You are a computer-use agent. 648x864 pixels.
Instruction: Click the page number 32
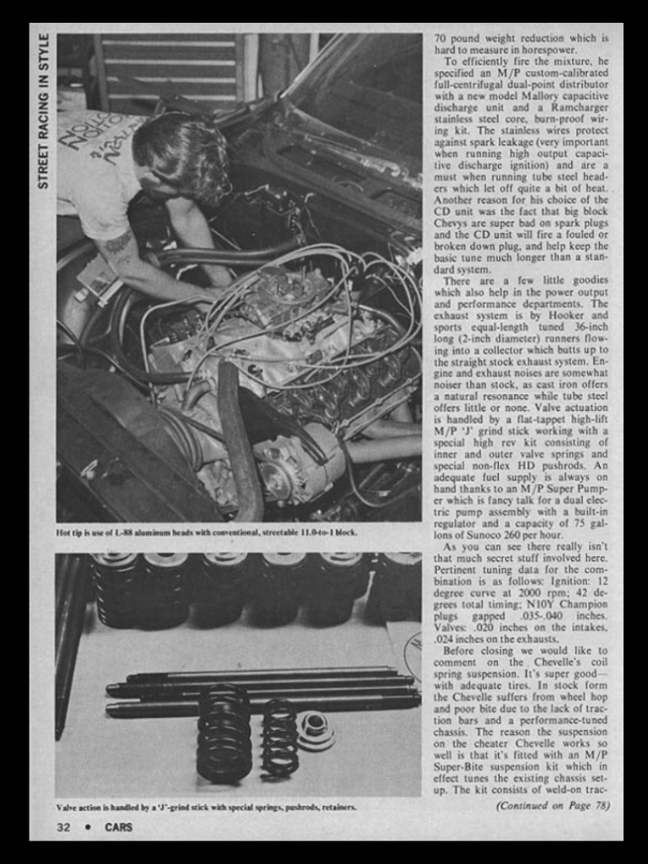[x=63, y=827]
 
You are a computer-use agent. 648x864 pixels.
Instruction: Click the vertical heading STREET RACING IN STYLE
[x=44, y=111]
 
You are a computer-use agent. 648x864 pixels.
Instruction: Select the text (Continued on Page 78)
[x=553, y=806]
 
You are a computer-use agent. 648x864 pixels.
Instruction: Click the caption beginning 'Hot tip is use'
[x=207, y=533]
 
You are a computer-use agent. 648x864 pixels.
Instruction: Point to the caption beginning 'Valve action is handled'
[x=206, y=807]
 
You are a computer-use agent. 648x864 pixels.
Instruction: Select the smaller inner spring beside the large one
[x=279, y=738]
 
